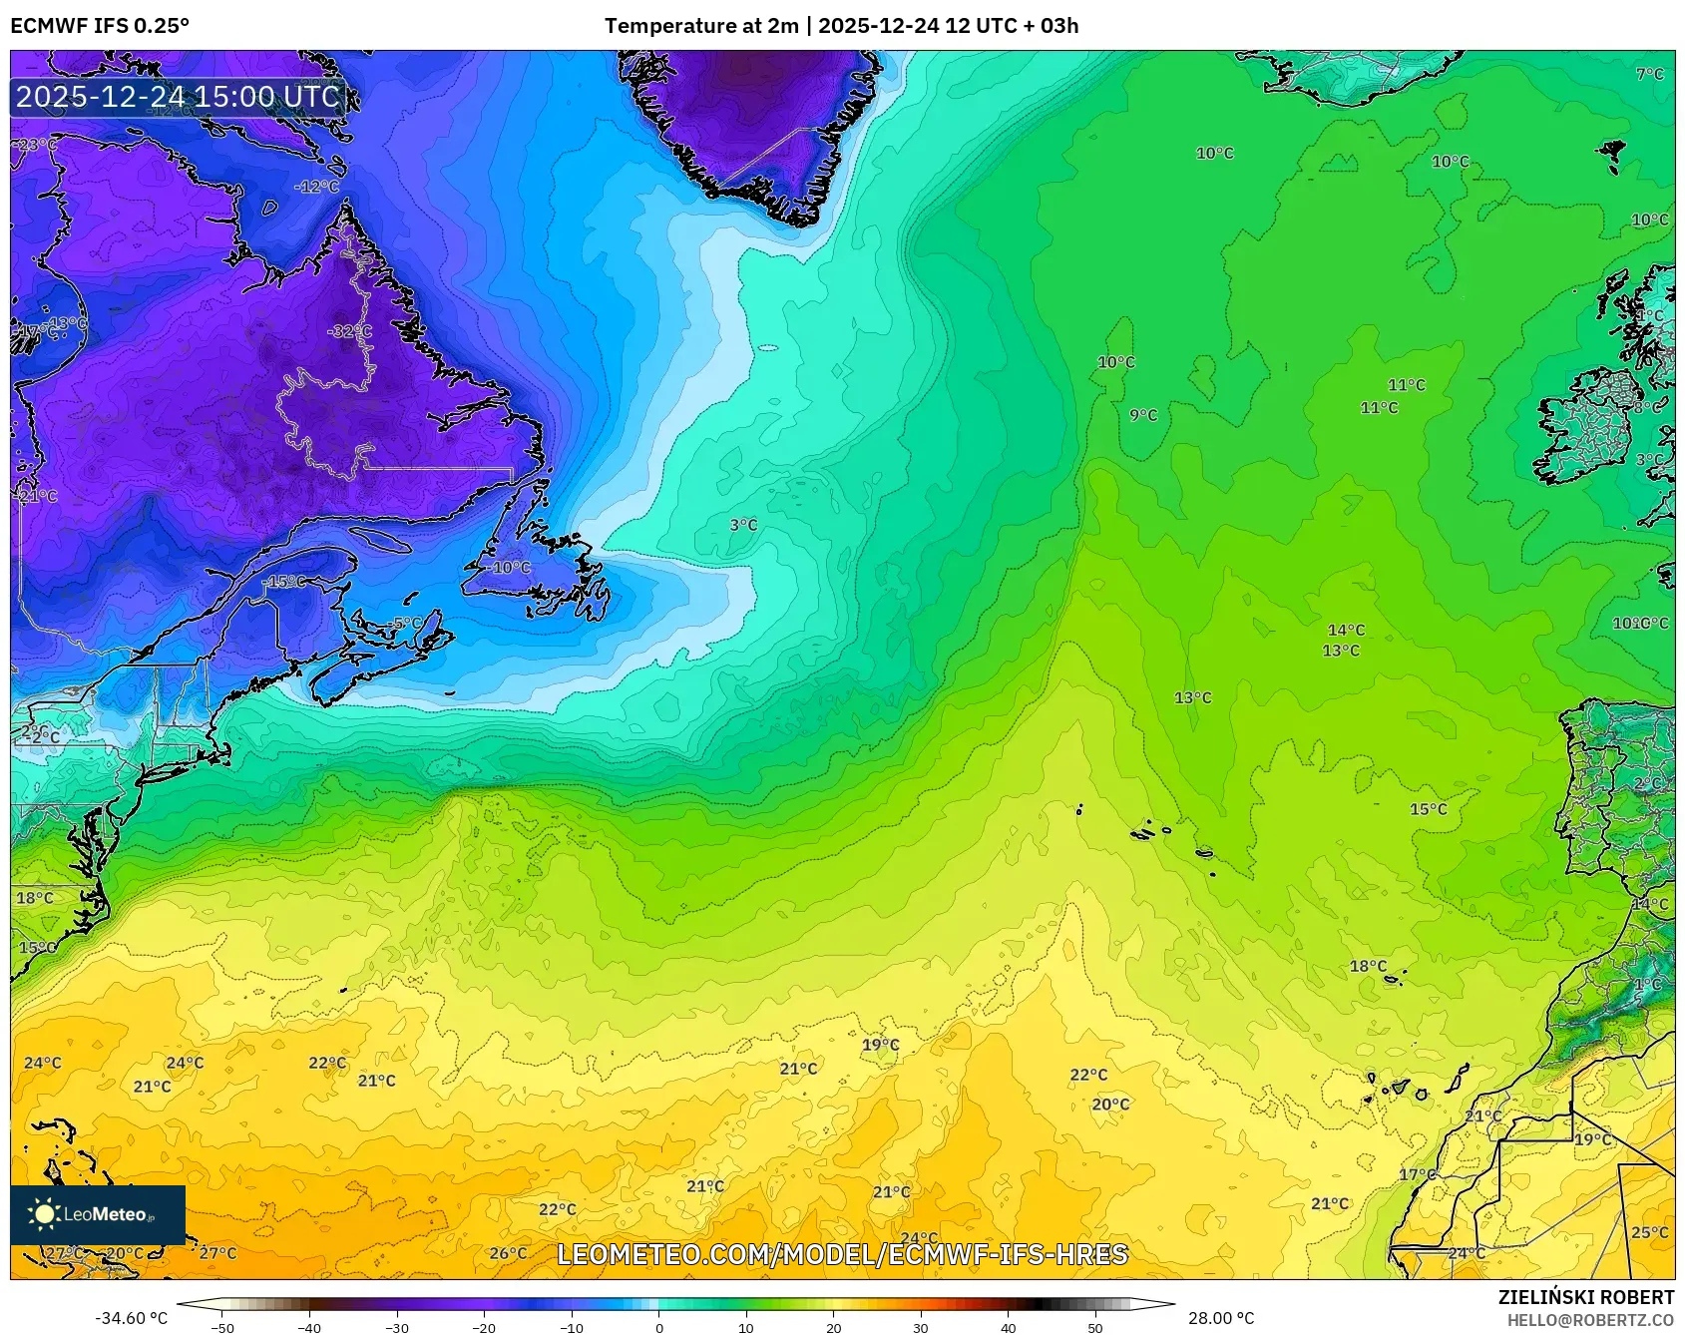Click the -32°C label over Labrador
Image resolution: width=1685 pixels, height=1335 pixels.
pyautogui.click(x=349, y=331)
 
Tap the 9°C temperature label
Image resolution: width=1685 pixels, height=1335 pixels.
pyautogui.click(x=1143, y=415)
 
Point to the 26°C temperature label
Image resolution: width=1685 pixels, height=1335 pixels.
pyautogui.click(x=508, y=1253)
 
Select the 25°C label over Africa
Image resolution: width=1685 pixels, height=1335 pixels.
pyautogui.click(x=1649, y=1232)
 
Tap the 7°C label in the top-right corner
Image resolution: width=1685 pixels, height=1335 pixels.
pyautogui.click(x=1650, y=74)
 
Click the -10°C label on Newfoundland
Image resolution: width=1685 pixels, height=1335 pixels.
pyautogui.click(x=510, y=568)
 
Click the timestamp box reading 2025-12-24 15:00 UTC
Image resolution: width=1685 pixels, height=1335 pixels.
pyautogui.click(x=179, y=97)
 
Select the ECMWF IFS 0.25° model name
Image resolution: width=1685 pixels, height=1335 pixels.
pyautogui.click(x=100, y=26)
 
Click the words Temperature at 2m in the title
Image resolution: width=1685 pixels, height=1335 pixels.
pyautogui.click(x=700, y=26)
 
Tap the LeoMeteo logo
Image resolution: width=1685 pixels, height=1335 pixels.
pyautogui.click(x=98, y=1214)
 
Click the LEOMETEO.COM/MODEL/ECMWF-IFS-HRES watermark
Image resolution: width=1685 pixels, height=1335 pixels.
pyautogui.click(x=842, y=1254)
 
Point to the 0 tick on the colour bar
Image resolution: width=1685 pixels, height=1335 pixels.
pyautogui.click(x=658, y=1328)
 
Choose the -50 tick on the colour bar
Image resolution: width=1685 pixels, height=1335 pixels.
pyautogui.click(x=222, y=1328)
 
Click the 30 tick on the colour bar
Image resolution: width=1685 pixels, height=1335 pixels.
pyautogui.click(x=920, y=1328)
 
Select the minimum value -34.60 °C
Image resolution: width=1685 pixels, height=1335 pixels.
pyautogui.click(x=131, y=1318)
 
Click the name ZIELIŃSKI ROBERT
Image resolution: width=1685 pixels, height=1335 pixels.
pyautogui.click(x=1586, y=1297)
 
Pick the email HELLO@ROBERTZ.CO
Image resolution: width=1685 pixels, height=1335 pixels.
pyautogui.click(x=1590, y=1320)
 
